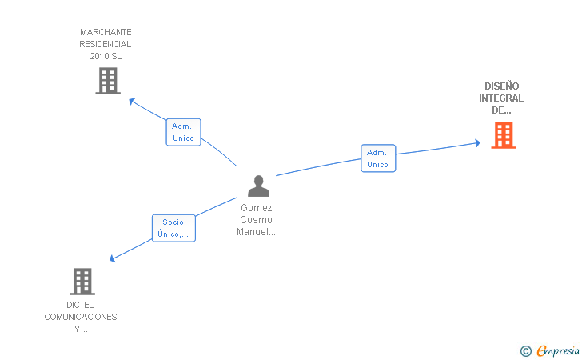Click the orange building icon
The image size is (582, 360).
(x=504, y=135)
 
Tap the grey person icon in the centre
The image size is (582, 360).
(x=259, y=186)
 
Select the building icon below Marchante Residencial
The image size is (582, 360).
(x=108, y=81)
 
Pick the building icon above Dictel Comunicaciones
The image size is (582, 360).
(x=82, y=282)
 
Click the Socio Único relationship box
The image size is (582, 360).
(x=173, y=228)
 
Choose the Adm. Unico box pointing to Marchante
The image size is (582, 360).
(x=183, y=132)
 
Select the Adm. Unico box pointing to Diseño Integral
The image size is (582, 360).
(x=378, y=158)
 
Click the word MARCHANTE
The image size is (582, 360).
(x=106, y=32)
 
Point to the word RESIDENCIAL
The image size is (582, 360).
(x=106, y=44)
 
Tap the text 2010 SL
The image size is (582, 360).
(x=106, y=56)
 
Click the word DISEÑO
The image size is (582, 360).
(x=502, y=86)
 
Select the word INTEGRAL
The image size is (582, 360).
(x=501, y=98)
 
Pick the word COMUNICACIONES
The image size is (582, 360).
(x=81, y=317)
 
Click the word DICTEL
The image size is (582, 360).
(x=80, y=305)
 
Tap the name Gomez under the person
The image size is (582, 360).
(x=257, y=208)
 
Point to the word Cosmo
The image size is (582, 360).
(x=256, y=219)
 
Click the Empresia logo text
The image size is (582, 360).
(x=558, y=350)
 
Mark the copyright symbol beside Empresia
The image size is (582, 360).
(x=526, y=351)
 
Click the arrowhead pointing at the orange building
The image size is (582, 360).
(x=478, y=142)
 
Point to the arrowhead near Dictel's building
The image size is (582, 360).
(x=112, y=258)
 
